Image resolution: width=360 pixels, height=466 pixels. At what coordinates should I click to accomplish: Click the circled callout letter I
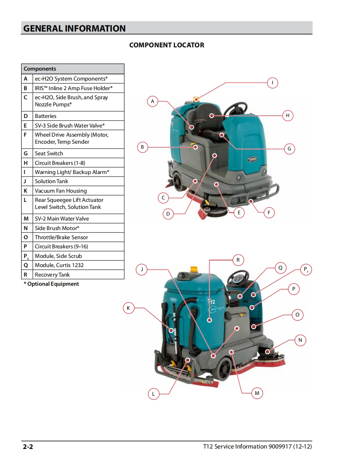[x=272, y=83]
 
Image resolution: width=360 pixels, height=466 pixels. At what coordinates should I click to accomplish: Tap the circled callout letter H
[x=287, y=115]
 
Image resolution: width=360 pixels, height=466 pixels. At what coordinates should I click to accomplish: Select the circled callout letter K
[x=128, y=308]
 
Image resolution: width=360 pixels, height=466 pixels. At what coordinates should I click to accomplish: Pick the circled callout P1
[x=306, y=270]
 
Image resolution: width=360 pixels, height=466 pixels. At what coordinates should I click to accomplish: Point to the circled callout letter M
[x=257, y=393]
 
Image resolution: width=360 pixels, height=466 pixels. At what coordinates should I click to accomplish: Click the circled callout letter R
[x=238, y=260]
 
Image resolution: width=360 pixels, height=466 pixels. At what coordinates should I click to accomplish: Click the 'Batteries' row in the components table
[x=46, y=116]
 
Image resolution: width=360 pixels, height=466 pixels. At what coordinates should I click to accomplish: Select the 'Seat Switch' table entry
[x=49, y=153]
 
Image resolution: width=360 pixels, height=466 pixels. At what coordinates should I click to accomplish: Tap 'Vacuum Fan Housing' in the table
[x=61, y=191]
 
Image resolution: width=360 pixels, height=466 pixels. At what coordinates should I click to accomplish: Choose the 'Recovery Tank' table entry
[x=52, y=275]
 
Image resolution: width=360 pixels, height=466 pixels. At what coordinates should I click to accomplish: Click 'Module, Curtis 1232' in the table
[x=59, y=265]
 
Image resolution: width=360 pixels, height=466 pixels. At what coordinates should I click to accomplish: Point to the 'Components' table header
[x=39, y=69]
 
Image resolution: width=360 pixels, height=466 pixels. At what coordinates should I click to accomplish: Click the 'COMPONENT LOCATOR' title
[x=167, y=45]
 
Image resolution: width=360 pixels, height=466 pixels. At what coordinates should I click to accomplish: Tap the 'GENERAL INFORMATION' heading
[x=74, y=29]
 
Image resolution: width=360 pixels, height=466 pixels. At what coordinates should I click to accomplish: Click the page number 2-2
[x=28, y=446]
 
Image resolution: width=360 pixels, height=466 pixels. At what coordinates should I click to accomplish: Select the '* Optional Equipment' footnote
[x=51, y=284]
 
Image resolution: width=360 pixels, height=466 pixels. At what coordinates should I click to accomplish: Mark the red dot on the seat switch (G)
[x=222, y=135]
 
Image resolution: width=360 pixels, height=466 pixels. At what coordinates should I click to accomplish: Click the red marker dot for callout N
[x=267, y=352]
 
